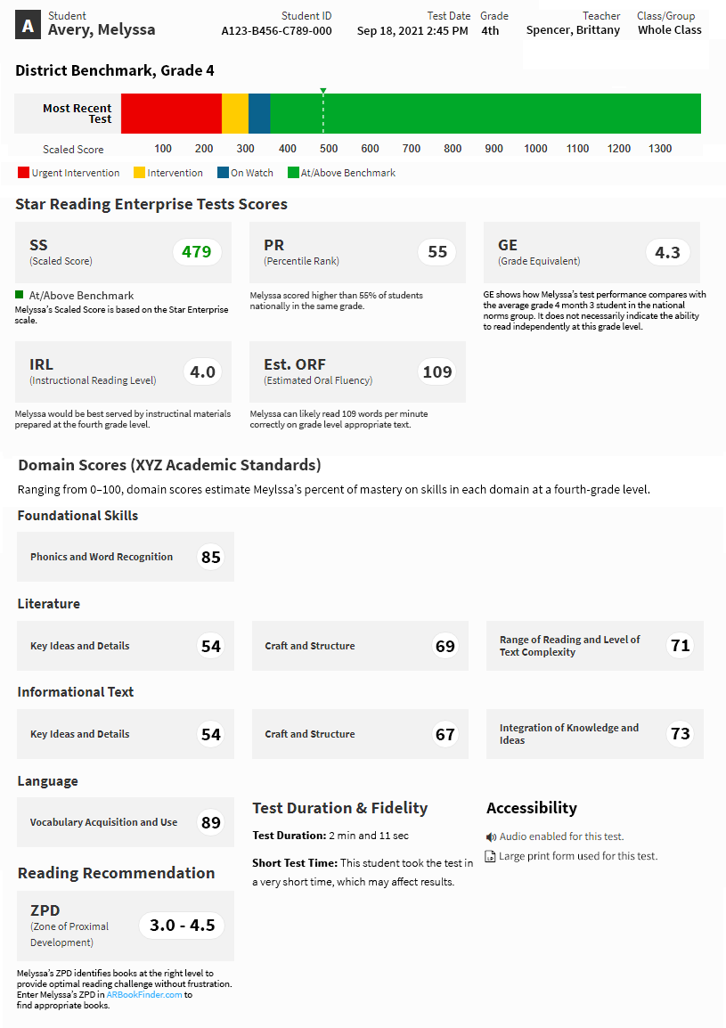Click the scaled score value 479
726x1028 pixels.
point(196,252)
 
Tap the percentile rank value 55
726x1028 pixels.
point(436,252)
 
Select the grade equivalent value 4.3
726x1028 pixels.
point(667,253)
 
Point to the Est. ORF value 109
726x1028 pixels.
point(436,372)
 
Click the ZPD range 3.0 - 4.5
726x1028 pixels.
point(182,926)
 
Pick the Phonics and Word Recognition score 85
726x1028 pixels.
point(210,558)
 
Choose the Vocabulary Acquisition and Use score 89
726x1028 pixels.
point(210,823)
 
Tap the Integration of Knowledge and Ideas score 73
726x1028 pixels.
point(680,734)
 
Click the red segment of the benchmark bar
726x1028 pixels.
point(171,114)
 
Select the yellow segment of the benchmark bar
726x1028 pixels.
point(234,114)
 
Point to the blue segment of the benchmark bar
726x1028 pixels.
point(259,114)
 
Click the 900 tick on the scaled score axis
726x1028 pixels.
point(494,149)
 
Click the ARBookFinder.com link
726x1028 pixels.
point(144,995)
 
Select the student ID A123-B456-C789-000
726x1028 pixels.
point(276,31)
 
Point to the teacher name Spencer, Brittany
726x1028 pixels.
point(573,30)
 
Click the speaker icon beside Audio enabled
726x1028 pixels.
point(491,837)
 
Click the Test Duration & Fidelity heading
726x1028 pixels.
point(339,808)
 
